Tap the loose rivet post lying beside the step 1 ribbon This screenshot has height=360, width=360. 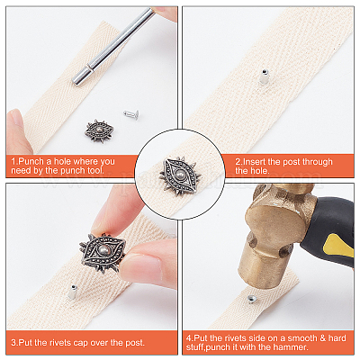[131, 114]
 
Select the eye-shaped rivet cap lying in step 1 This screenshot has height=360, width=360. [99, 131]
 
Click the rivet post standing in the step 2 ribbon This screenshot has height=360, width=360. [264, 76]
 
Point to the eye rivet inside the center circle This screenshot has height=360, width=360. [180, 175]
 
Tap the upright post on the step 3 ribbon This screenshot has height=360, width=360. [72, 292]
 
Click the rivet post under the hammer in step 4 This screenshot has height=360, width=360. [251, 299]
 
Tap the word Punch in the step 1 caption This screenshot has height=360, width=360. [31, 162]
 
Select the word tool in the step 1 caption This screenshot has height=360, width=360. [95, 171]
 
